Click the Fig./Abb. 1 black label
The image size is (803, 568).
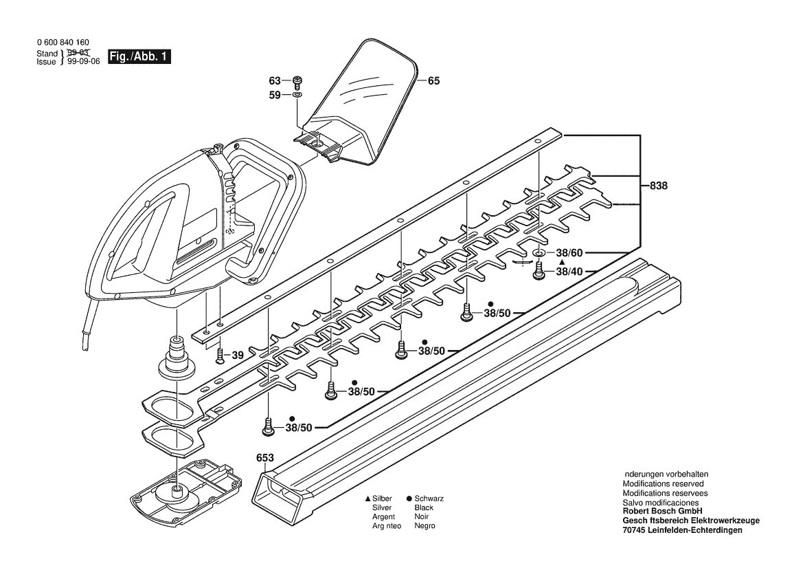coord(139,56)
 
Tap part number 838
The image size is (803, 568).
coord(659,186)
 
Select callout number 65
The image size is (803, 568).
coord(433,81)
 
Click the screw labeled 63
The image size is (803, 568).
coord(297,82)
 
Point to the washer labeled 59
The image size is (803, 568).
coord(297,96)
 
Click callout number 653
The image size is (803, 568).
coord(264,458)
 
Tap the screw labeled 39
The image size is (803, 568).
coord(220,356)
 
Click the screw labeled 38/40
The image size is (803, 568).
coord(539,271)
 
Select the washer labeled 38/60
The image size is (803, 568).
coord(539,253)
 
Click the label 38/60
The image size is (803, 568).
coord(569,253)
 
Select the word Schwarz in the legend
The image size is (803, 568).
coord(429,499)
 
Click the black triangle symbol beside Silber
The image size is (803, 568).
coord(367,499)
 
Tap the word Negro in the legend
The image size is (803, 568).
coord(425,526)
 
